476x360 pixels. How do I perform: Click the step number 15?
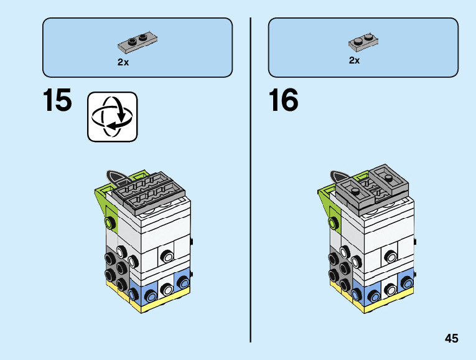coord(57,100)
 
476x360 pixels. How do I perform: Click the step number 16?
coord(284,100)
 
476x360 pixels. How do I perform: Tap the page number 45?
coord(452,338)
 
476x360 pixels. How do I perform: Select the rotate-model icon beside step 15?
coord(112,116)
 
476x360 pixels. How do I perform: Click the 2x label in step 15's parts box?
coord(123,62)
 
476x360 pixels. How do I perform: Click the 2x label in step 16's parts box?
coord(354,60)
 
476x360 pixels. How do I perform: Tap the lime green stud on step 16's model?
coord(336,222)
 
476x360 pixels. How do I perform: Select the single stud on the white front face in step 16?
coord(391,255)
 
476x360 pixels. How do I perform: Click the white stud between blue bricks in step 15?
coord(167,289)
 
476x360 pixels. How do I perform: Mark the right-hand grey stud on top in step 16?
coord(388,178)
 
